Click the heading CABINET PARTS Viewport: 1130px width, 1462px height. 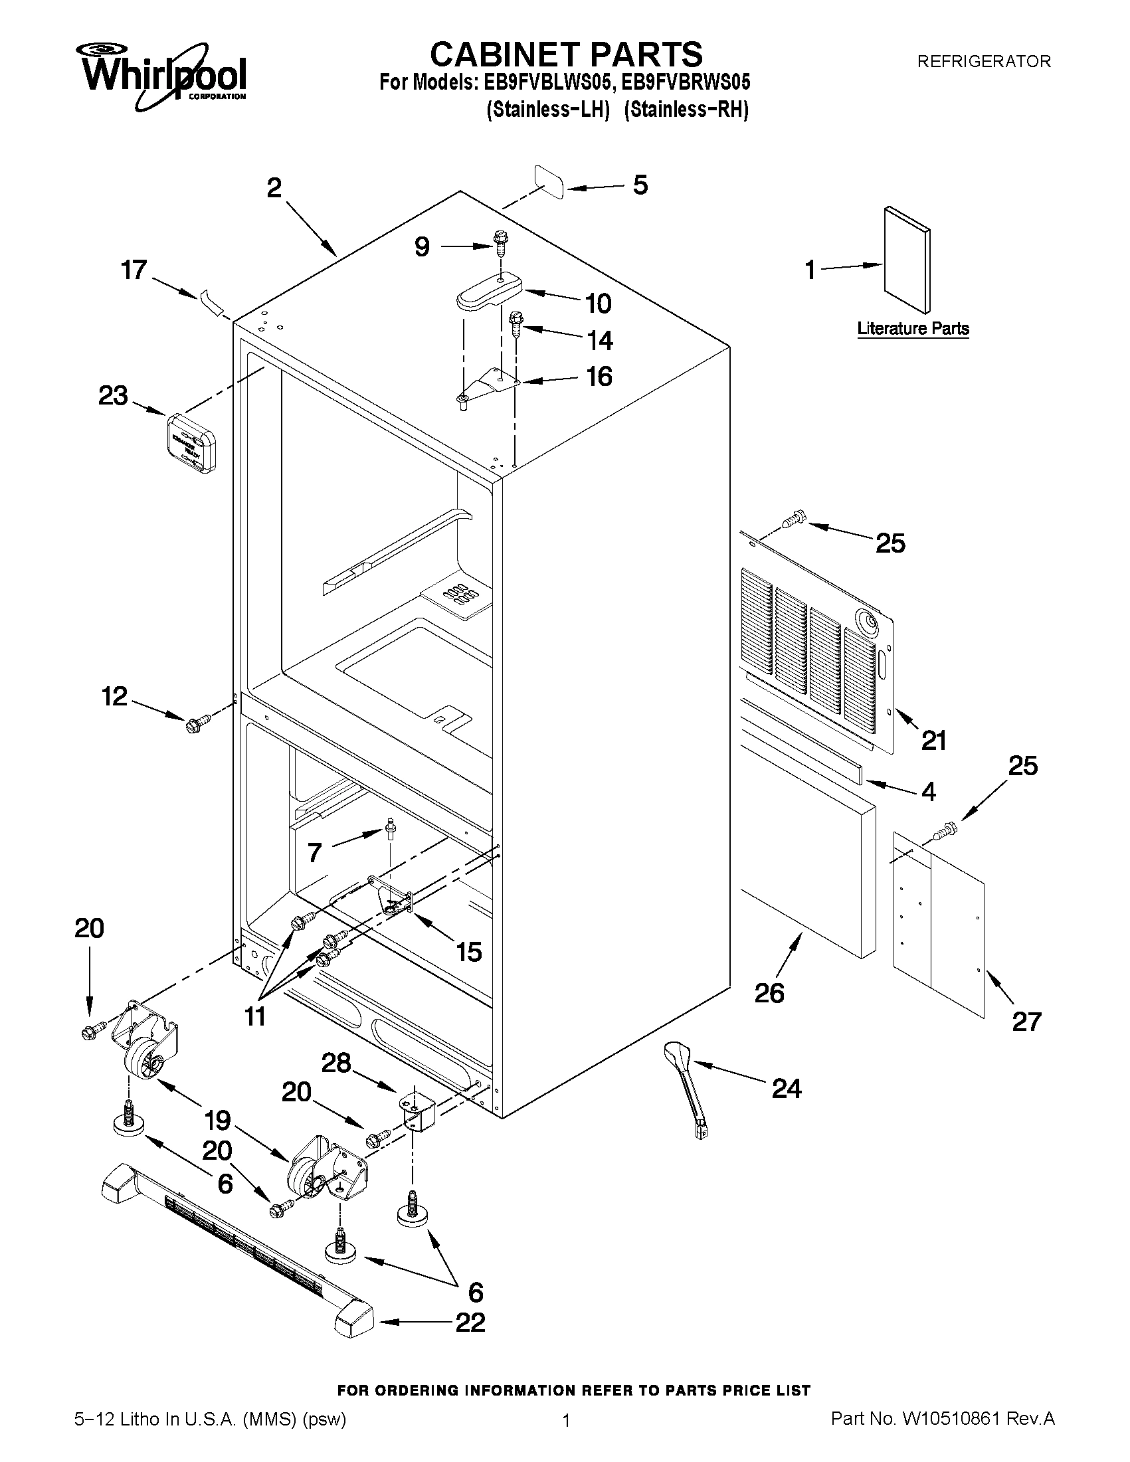[x=566, y=54]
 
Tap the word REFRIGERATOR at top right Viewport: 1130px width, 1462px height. [x=983, y=62]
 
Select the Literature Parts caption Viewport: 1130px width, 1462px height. [x=913, y=329]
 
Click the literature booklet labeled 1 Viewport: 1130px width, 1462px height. [x=906, y=260]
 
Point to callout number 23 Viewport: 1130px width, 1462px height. [x=113, y=396]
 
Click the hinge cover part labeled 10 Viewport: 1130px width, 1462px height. [x=489, y=291]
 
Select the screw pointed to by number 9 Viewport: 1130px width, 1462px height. [x=500, y=242]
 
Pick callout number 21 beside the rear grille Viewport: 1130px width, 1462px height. [x=934, y=741]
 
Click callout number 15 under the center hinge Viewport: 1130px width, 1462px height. [x=468, y=951]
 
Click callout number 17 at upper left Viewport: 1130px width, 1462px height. [x=134, y=270]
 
